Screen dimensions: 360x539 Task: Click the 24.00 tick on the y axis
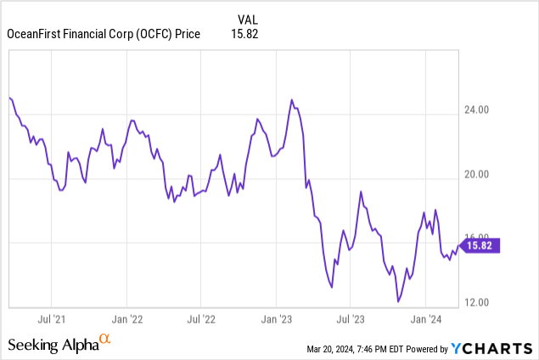[482, 110]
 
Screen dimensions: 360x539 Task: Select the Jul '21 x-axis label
[53, 320]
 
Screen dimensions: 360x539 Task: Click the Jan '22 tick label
[126, 320]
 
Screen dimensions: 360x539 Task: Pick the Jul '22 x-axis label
[200, 320]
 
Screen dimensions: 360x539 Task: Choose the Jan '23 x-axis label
[276, 320]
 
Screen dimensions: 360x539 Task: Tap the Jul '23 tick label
[350, 320]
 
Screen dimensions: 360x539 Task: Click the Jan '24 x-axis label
[424, 320]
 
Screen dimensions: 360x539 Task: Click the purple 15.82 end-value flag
[481, 246]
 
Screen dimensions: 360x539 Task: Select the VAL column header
[244, 18]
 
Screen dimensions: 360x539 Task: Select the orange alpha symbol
[105, 340]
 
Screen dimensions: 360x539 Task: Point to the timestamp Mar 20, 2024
[336, 349]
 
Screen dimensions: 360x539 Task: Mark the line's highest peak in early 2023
[292, 100]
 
